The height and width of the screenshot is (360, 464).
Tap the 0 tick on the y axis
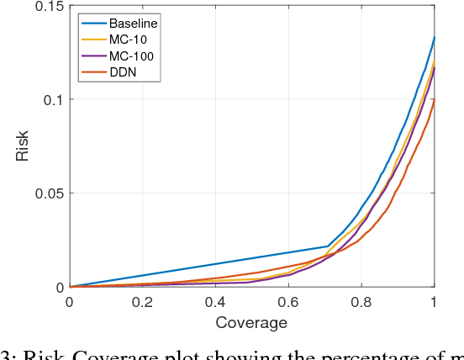click(59, 287)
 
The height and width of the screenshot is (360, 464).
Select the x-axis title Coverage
click(251, 322)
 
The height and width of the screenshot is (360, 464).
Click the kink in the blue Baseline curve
click(327, 246)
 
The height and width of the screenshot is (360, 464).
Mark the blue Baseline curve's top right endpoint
click(434, 37)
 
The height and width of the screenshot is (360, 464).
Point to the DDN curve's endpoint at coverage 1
click(434, 99)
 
